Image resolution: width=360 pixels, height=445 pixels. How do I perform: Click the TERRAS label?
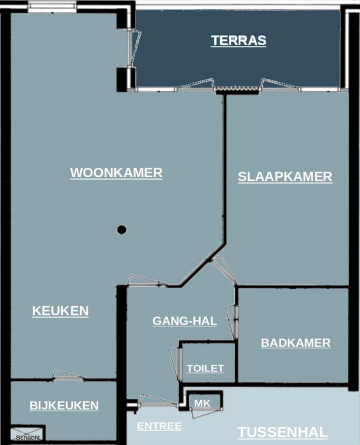[x=238, y=40]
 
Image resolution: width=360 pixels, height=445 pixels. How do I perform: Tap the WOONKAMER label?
[x=116, y=173]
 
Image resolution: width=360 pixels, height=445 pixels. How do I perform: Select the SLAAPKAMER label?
[x=285, y=177]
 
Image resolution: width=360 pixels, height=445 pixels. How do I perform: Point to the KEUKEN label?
[x=60, y=311]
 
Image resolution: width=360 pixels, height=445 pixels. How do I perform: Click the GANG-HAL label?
[x=184, y=320]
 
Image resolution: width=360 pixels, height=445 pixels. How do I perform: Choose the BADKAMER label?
[x=296, y=343]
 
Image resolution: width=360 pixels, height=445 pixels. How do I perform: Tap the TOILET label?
[x=205, y=368]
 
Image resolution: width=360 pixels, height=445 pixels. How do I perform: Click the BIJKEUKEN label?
[x=64, y=405]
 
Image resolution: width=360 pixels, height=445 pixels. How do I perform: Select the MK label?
[x=202, y=403]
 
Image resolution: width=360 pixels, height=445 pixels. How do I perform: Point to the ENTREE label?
[x=159, y=426]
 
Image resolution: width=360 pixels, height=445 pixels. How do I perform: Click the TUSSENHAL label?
[x=282, y=433]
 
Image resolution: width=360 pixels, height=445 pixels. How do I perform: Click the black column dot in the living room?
[x=122, y=230]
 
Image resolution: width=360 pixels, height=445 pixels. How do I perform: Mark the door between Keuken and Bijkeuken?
[x=69, y=376]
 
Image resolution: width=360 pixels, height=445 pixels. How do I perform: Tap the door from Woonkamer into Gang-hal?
[x=146, y=281]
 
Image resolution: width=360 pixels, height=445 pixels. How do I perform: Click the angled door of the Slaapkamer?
[x=223, y=270]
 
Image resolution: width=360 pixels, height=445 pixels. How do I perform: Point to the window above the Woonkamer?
[x=52, y=6]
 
